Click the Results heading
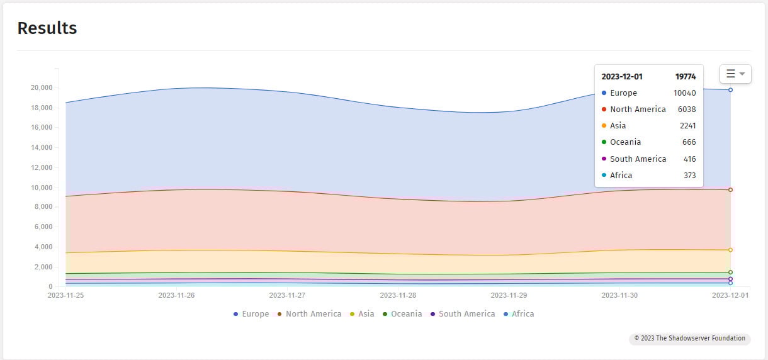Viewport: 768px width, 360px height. coord(47,28)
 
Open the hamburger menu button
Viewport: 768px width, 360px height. coord(735,74)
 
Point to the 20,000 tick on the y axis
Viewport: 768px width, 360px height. coord(42,88)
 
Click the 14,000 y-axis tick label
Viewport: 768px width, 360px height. coord(42,148)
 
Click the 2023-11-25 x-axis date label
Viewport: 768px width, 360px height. coord(66,295)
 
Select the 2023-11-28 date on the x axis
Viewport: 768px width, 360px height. coord(398,295)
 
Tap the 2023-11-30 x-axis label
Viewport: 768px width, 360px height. coord(619,295)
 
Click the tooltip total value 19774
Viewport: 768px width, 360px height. coord(686,77)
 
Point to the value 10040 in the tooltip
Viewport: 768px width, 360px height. coord(684,93)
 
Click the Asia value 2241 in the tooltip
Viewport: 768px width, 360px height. coord(687,126)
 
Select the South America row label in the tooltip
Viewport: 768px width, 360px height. coord(638,159)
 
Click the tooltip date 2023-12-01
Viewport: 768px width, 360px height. coord(622,77)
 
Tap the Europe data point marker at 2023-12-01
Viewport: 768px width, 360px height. coord(730,90)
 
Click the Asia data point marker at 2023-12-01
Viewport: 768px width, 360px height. coord(730,250)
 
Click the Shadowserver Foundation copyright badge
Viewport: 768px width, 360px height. coord(689,339)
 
